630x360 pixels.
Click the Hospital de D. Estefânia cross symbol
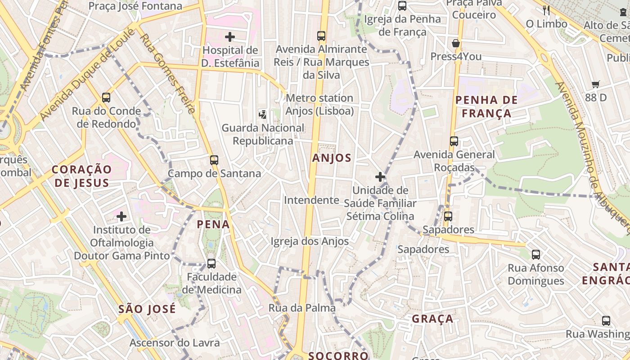230,37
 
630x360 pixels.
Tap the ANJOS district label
332,158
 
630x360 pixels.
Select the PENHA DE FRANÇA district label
486,107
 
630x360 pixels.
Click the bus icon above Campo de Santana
214,160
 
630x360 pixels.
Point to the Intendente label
311,200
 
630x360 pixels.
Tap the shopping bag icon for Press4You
456,44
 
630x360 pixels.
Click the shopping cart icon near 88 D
596,84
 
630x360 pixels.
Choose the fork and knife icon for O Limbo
546,10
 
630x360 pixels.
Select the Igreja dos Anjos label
310,242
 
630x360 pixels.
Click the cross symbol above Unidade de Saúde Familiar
380,177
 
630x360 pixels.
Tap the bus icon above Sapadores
448,216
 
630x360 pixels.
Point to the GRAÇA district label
432,319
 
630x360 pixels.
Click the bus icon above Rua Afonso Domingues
536,254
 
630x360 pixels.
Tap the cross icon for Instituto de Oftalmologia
121,217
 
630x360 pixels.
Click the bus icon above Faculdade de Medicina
211,263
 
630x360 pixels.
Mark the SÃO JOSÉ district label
147,309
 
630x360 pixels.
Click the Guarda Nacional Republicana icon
263,114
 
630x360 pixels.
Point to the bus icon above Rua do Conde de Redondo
106,97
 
